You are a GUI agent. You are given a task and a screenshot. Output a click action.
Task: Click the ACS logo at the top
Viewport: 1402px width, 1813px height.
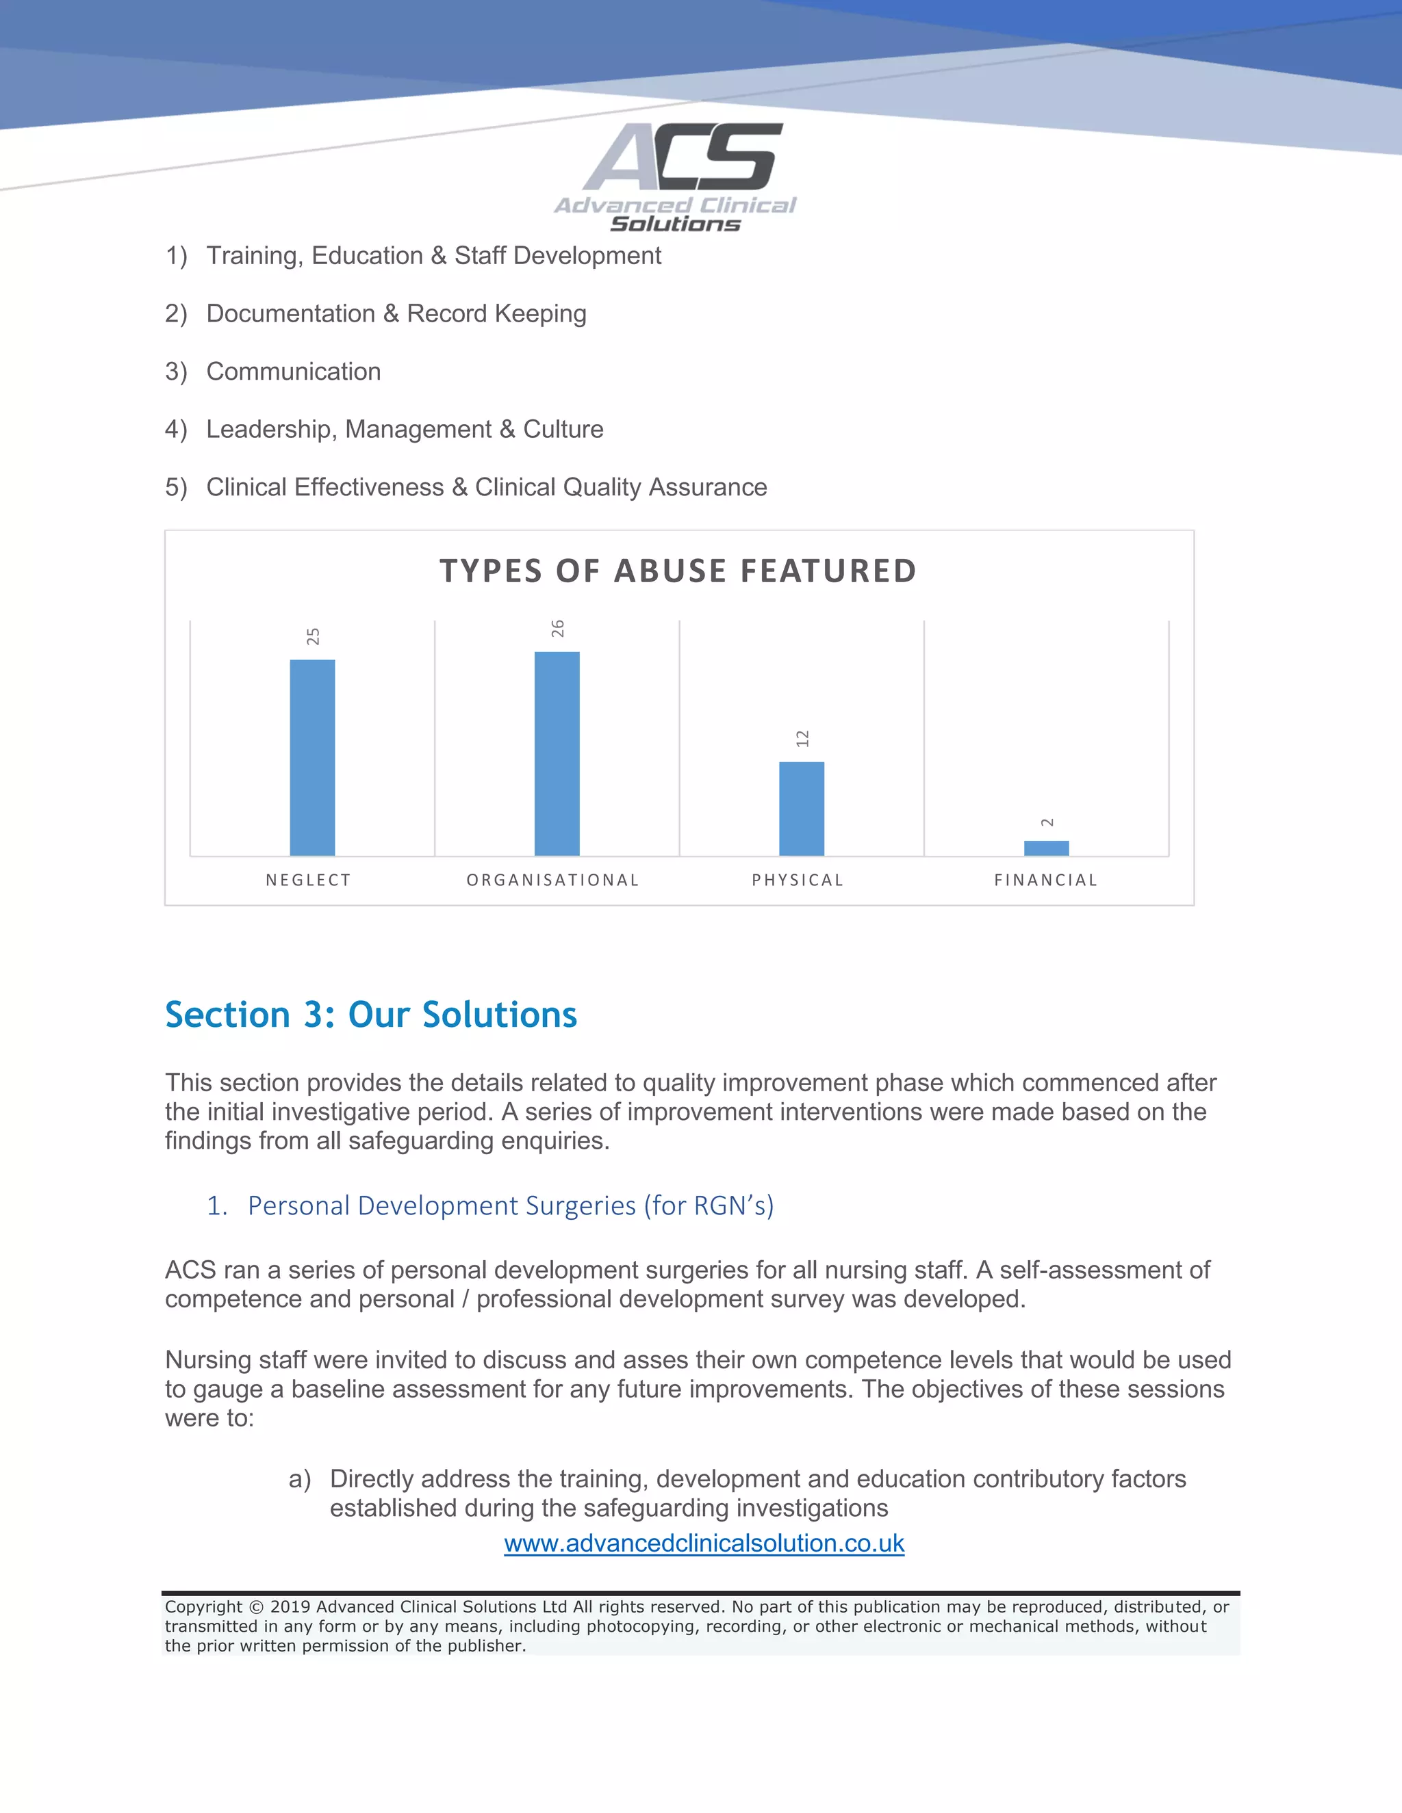coord(675,177)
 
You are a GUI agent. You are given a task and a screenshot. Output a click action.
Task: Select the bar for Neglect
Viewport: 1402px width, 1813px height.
coord(312,757)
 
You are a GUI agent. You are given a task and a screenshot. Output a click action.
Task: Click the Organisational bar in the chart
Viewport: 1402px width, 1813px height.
coord(557,753)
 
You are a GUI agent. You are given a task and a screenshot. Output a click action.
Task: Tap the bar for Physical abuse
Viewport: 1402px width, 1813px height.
coord(802,808)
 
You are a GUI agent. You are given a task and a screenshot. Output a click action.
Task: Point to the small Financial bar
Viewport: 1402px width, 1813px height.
coord(1046,848)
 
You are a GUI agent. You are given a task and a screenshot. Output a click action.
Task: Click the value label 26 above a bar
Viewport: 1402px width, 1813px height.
coord(557,629)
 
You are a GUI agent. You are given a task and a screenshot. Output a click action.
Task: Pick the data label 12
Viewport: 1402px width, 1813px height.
coord(802,739)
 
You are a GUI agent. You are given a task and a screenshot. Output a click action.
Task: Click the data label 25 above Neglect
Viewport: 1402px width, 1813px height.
coord(313,637)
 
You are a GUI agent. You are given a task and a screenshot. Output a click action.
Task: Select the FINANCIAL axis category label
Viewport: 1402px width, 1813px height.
coord(1046,880)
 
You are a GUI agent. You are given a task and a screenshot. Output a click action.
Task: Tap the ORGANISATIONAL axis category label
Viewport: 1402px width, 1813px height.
coord(553,880)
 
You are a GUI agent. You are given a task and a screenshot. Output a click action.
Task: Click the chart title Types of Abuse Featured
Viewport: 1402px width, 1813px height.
coord(678,571)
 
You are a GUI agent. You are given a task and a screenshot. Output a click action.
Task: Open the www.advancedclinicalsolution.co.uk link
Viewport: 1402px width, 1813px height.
coord(704,1543)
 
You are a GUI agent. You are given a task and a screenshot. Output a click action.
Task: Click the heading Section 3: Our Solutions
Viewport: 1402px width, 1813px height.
coord(370,1015)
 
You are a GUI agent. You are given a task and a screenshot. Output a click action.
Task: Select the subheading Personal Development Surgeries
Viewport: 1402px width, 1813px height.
coord(510,1205)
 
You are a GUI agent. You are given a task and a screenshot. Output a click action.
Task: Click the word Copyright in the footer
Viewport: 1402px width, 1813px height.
coord(203,1607)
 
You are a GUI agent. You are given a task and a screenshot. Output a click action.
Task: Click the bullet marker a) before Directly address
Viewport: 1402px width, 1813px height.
coord(300,1478)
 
